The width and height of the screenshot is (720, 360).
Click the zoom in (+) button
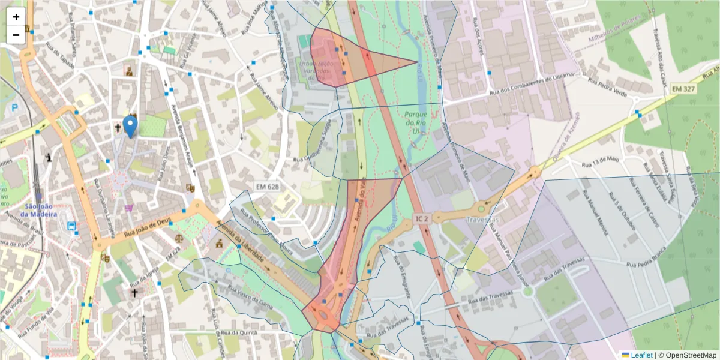coord(16,17)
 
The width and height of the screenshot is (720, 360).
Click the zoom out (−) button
coord(16,35)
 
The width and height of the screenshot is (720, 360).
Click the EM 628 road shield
coord(267,187)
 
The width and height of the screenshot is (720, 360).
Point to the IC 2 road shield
coord(421,220)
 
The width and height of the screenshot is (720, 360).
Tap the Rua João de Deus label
coord(147,227)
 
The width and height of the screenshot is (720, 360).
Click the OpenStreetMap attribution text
coord(687,355)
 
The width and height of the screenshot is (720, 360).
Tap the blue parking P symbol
coord(14,108)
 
